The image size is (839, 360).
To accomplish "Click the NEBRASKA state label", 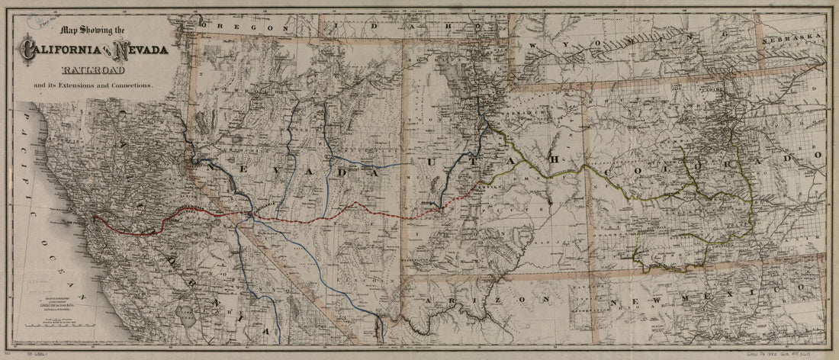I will click(797, 36).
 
